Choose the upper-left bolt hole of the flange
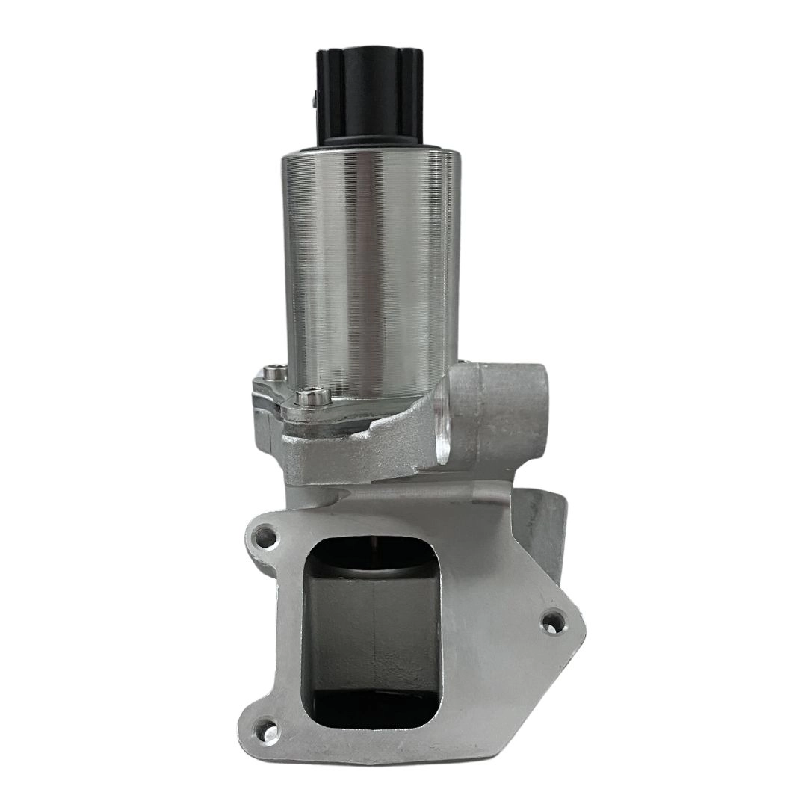pos(263,535)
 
